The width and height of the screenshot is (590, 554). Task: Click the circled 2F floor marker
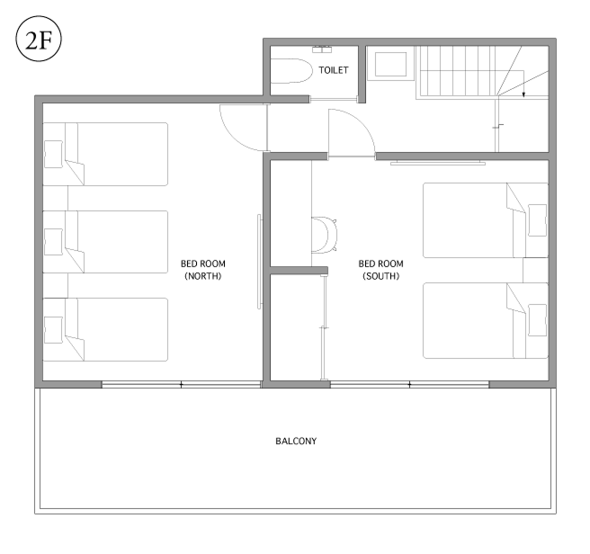click(39, 39)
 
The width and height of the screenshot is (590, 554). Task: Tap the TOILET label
click(334, 70)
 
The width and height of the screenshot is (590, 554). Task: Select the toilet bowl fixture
click(291, 71)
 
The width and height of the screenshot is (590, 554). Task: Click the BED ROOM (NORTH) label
click(203, 270)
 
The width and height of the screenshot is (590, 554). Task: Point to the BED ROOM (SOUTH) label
click(380, 270)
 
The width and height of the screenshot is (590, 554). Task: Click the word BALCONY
click(296, 441)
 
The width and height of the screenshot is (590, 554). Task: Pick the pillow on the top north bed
click(53, 155)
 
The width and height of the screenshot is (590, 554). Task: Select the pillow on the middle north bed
click(53, 242)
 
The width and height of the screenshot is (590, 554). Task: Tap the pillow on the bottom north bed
click(53, 330)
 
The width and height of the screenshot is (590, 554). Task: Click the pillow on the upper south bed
click(537, 220)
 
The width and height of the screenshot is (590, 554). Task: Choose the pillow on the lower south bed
click(537, 320)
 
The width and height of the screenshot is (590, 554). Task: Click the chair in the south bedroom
click(325, 235)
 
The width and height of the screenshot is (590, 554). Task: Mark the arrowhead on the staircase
click(523, 94)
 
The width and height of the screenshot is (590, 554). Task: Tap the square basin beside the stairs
click(390, 65)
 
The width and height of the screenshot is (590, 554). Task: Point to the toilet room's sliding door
click(334, 100)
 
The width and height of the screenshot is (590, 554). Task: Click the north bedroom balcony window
click(181, 384)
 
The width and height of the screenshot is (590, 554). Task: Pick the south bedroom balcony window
click(409, 384)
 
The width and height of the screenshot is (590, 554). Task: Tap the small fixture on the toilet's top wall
click(322, 49)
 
